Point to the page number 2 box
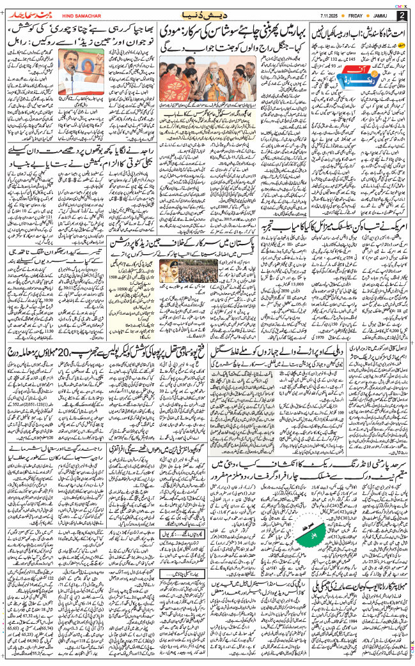[x=402, y=14]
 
